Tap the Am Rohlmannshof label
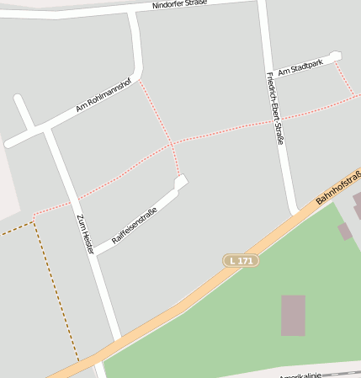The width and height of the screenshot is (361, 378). point(104,95)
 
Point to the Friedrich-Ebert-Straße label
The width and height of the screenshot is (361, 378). point(274,108)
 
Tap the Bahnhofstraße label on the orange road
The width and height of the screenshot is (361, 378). point(338,188)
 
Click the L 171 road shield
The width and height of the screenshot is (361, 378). point(240,261)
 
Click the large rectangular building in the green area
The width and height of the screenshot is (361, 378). point(293,315)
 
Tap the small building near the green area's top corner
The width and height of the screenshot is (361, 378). point(344,231)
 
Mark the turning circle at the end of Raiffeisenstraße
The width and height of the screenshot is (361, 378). point(180,182)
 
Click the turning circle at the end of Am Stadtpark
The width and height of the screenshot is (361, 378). point(336,57)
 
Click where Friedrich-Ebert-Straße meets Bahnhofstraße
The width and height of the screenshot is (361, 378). point(294,212)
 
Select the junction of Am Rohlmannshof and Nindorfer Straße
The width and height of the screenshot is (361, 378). point(134,14)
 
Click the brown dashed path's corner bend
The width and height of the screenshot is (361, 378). point(34,223)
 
